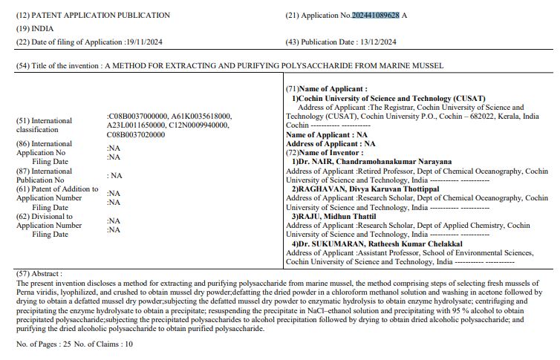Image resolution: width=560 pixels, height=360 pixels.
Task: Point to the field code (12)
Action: click(22, 15)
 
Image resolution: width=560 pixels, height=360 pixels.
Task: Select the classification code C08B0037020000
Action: click(136, 135)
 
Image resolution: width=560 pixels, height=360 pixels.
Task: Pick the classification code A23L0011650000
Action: click(137, 125)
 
